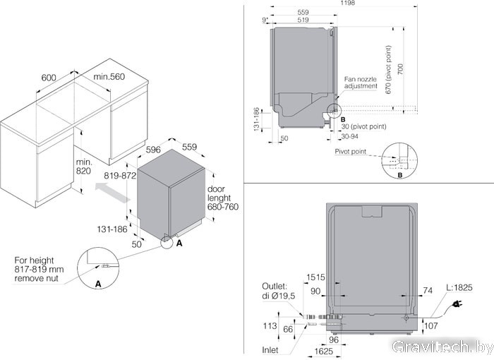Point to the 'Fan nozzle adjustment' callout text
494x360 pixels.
361,83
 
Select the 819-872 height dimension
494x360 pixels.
119,176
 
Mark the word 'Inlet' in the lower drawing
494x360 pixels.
270,350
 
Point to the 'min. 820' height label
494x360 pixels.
85,167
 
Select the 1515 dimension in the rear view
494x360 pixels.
315,277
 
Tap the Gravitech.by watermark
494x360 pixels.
440,347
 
